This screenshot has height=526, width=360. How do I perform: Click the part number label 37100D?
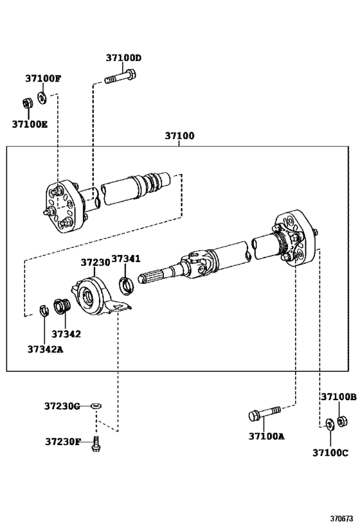pos(123,58)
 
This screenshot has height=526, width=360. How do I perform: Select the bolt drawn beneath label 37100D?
pos(120,79)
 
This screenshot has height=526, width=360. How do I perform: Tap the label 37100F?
pos(43,79)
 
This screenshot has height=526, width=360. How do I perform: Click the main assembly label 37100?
pos(179,136)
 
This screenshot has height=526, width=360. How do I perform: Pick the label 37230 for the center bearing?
pos(95,263)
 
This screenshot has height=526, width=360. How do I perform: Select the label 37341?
pos(126,259)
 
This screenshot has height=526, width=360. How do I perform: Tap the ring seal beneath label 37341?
pos(127,283)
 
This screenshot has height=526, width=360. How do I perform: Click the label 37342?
pos(66,334)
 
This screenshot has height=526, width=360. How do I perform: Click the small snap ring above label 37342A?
pos(44,310)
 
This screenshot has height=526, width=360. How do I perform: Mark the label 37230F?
pos(63,442)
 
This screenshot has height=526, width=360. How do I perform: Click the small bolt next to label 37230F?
pos(96,442)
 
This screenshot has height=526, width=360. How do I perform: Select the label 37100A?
pos(266,436)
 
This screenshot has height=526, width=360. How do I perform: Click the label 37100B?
pos(338,398)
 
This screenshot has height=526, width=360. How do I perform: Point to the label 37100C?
pos(330,453)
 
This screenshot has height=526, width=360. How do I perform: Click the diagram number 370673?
pos(341,517)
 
